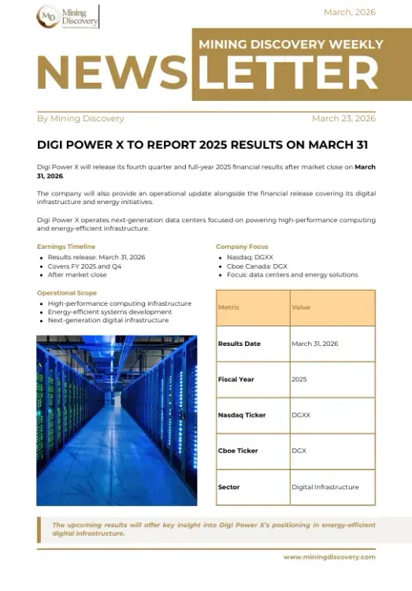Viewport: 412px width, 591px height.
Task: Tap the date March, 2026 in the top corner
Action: (350, 13)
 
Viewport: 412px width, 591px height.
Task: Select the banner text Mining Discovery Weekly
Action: (291, 45)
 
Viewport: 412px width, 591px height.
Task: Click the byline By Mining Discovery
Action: (80, 119)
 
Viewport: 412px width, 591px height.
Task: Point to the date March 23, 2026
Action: (343, 119)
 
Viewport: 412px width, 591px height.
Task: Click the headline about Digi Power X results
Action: (202, 145)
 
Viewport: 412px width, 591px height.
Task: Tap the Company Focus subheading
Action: (242, 247)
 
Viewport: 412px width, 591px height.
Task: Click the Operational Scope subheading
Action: (67, 293)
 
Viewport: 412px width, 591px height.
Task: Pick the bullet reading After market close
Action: (77, 275)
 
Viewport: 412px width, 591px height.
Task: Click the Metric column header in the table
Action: (228, 307)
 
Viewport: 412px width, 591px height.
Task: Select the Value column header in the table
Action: (301, 307)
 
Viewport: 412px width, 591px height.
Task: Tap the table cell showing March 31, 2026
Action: (314, 344)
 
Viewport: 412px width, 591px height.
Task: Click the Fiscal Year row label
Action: (236, 379)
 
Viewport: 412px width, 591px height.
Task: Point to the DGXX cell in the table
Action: (300, 415)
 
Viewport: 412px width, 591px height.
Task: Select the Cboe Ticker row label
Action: (237, 451)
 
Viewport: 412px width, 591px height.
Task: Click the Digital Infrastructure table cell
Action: (325, 487)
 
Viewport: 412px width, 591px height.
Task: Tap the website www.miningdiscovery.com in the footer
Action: (329, 557)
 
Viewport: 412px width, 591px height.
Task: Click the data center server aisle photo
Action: (117, 420)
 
